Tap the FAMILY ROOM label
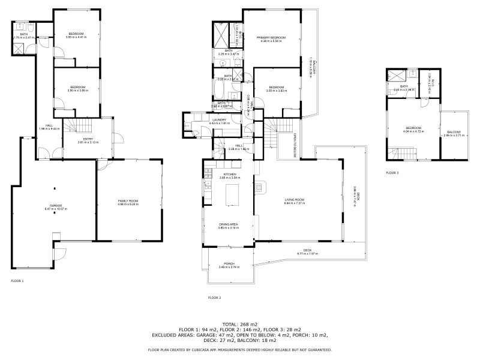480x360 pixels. coord(129,201)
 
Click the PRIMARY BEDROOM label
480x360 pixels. coord(273,37)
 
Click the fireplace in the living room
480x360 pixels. coord(259,187)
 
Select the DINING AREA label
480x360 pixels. coord(229,225)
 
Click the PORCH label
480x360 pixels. coord(229,264)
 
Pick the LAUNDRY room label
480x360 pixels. coord(220,120)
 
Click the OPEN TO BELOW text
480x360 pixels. coord(295,146)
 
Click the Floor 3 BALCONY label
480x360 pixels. coord(453,132)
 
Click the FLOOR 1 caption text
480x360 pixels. coord(17,280)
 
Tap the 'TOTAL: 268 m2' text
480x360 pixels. coord(240,325)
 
